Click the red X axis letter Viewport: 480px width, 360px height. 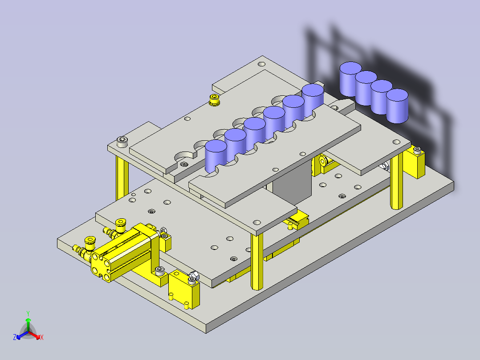pyautogui.click(x=41, y=338)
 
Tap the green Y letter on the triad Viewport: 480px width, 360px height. pyautogui.click(x=28, y=313)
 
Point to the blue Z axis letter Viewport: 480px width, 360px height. pyautogui.click(x=15, y=338)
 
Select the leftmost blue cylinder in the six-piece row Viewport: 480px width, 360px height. pyautogui.click(x=216, y=156)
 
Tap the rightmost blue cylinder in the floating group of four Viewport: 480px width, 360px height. pyautogui.click(x=397, y=106)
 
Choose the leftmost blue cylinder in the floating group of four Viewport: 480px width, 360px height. pyautogui.click(x=350, y=79)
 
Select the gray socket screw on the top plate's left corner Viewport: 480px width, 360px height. pyautogui.click(x=122, y=142)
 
